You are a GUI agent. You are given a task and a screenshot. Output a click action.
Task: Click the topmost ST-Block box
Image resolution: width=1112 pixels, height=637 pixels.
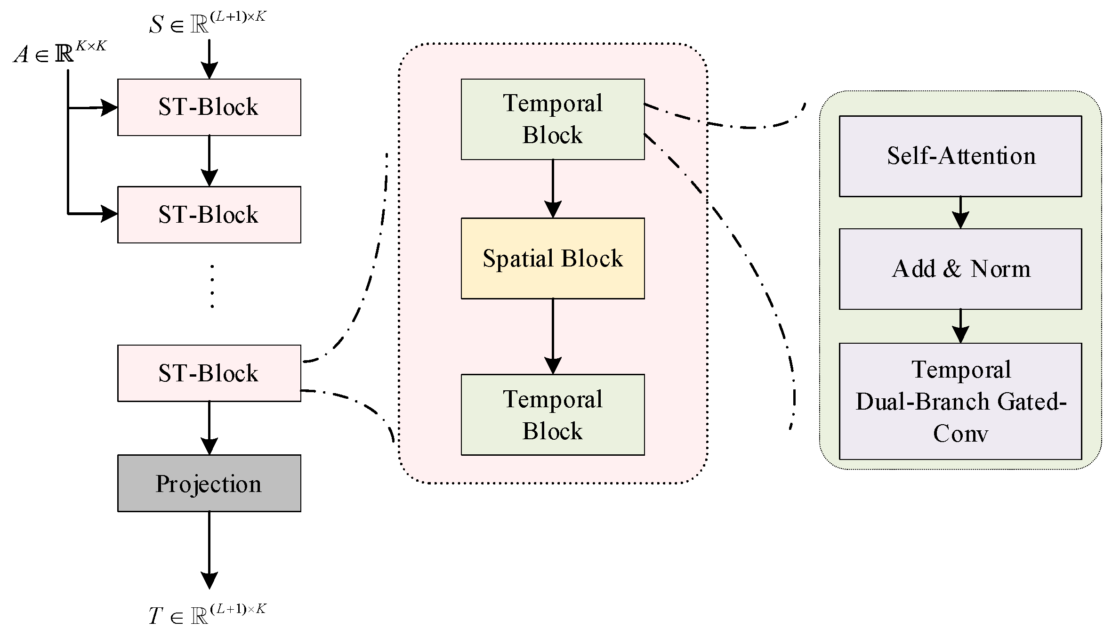(x=209, y=107)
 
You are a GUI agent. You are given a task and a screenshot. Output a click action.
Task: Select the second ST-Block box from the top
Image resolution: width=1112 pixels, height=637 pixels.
(x=209, y=215)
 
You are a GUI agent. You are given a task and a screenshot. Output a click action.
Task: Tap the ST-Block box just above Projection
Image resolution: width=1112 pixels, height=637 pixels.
(x=209, y=373)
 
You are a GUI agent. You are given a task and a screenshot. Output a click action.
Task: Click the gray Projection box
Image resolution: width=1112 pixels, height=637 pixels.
(x=209, y=483)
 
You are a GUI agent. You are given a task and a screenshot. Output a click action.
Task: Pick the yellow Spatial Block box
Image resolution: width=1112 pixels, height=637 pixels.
(x=553, y=258)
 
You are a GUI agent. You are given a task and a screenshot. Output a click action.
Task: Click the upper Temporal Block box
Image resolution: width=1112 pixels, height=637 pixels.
(x=553, y=119)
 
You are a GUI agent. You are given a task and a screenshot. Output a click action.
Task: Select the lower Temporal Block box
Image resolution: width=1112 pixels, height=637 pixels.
(x=553, y=415)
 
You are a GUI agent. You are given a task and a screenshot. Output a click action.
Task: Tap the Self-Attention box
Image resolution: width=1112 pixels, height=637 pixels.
(x=960, y=156)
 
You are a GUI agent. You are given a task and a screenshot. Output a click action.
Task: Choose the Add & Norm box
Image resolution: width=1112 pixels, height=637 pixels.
(x=960, y=269)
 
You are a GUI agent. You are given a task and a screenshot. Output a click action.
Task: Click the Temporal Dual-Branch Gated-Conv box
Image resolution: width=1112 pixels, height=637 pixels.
(x=960, y=401)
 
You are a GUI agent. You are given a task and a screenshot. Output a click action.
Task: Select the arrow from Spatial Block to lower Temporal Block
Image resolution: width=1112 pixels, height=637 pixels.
(x=553, y=337)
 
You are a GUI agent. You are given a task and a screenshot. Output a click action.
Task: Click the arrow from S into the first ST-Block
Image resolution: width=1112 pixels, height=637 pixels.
(x=209, y=59)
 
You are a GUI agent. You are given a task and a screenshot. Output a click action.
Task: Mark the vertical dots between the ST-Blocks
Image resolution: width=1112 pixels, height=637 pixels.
(x=212, y=286)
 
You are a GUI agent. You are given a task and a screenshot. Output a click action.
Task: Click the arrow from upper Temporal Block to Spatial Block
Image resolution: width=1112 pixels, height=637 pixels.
(x=553, y=188)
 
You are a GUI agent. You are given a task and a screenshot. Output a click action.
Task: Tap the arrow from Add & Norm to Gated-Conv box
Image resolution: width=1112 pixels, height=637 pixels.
(x=960, y=326)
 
